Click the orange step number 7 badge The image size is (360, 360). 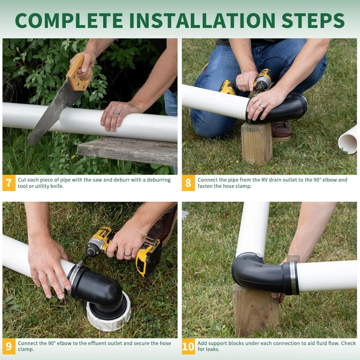(9, 183)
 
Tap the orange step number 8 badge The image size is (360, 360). (188, 183)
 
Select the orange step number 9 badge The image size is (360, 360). (9, 346)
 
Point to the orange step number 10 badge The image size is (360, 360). (188, 346)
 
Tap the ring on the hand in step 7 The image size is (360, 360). (117, 113)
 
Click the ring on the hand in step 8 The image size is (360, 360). (262, 107)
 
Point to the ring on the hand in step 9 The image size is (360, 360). (128, 255)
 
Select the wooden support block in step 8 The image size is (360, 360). (257, 143)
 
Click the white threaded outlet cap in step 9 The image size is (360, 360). (109, 315)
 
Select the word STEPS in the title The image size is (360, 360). (313, 21)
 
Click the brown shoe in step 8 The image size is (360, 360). (281, 130)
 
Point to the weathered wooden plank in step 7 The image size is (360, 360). (128, 150)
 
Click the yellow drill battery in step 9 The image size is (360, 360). (148, 257)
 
